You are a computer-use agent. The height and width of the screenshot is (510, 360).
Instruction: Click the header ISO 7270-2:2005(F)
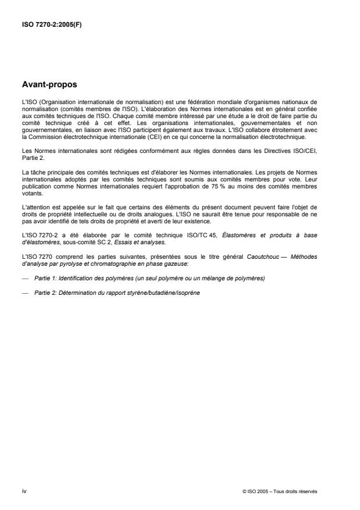coord(51,25)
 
